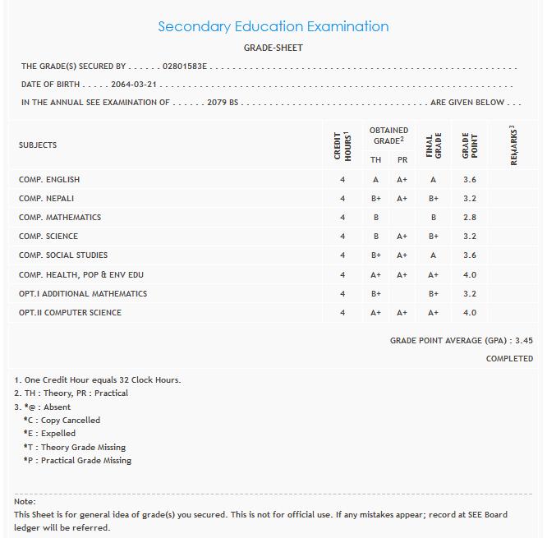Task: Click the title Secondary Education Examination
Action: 273,26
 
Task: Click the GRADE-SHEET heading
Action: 273,48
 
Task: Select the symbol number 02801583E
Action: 186,66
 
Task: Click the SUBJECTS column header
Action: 38,145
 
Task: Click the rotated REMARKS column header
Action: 514,145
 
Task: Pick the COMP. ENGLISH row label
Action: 49,180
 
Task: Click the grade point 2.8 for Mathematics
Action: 470,218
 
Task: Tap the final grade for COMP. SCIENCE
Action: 434,237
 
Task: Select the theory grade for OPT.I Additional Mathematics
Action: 375,293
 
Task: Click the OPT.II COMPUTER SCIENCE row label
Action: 70,313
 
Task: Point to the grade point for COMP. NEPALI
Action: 470,199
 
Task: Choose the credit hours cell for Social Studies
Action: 342,255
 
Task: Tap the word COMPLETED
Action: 509,359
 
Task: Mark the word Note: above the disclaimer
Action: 25,501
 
